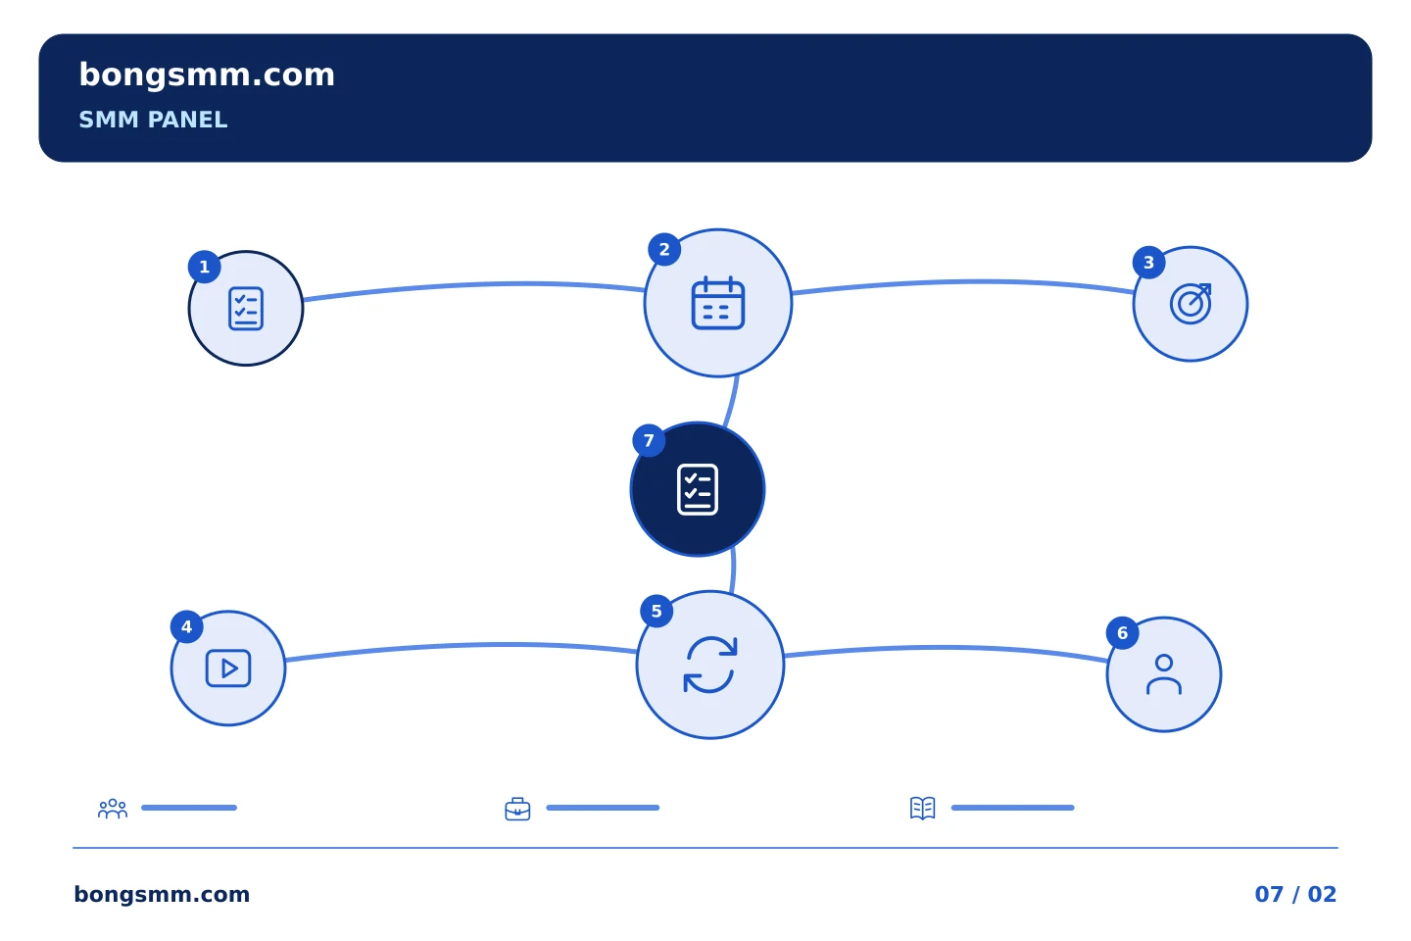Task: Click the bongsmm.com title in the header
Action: pyautogui.click(x=207, y=75)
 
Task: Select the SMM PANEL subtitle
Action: pyautogui.click(x=153, y=120)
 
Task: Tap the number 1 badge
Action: pyautogui.click(x=204, y=268)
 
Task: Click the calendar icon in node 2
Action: pyautogui.click(x=718, y=303)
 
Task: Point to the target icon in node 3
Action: pyautogui.click(x=1191, y=304)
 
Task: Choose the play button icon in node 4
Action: pyautogui.click(x=228, y=669)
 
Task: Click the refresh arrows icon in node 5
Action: pyautogui.click(x=709, y=665)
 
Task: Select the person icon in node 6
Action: pyautogui.click(x=1164, y=674)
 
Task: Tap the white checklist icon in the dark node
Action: pyautogui.click(x=698, y=490)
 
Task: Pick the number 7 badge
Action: pyautogui.click(x=649, y=440)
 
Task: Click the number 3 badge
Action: pyautogui.click(x=1149, y=263)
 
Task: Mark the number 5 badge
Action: pyautogui.click(x=657, y=612)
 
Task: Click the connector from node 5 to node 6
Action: pyautogui.click(x=945, y=648)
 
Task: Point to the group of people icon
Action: pyautogui.click(x=113, y=808)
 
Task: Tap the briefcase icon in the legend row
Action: pyautogui.click(x=517, y=809)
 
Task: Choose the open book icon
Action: pyautogui.click(x=923, y=808)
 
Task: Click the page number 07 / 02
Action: pyautogui.click(x=1295, y=894)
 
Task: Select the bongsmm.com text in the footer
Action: pyautogui.click(x=162, y=894)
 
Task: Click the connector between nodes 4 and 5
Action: pyautogui.click(x=460, y=645)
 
